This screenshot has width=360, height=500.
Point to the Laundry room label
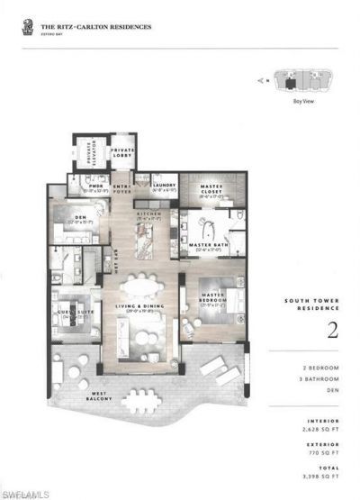(x=162, y=187)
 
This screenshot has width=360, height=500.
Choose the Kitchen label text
(x=147, y=214)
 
